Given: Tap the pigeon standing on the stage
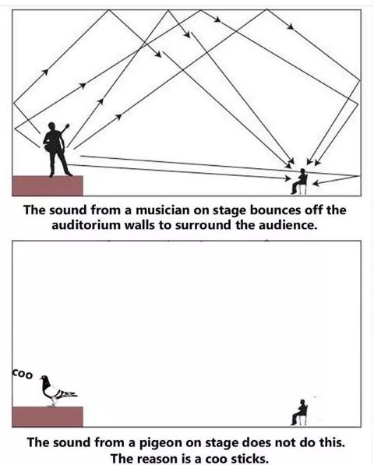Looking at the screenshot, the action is (57, 390).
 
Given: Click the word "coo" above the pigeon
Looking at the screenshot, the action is (23, 374).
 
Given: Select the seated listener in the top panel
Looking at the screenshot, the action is (299, 181).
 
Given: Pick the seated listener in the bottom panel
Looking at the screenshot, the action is (299, 413).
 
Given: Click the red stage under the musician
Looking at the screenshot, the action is (48, 185).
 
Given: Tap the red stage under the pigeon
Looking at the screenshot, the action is (48, 417).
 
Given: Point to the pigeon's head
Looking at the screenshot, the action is (44, 379).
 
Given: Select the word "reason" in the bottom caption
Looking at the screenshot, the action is (159, 459).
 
